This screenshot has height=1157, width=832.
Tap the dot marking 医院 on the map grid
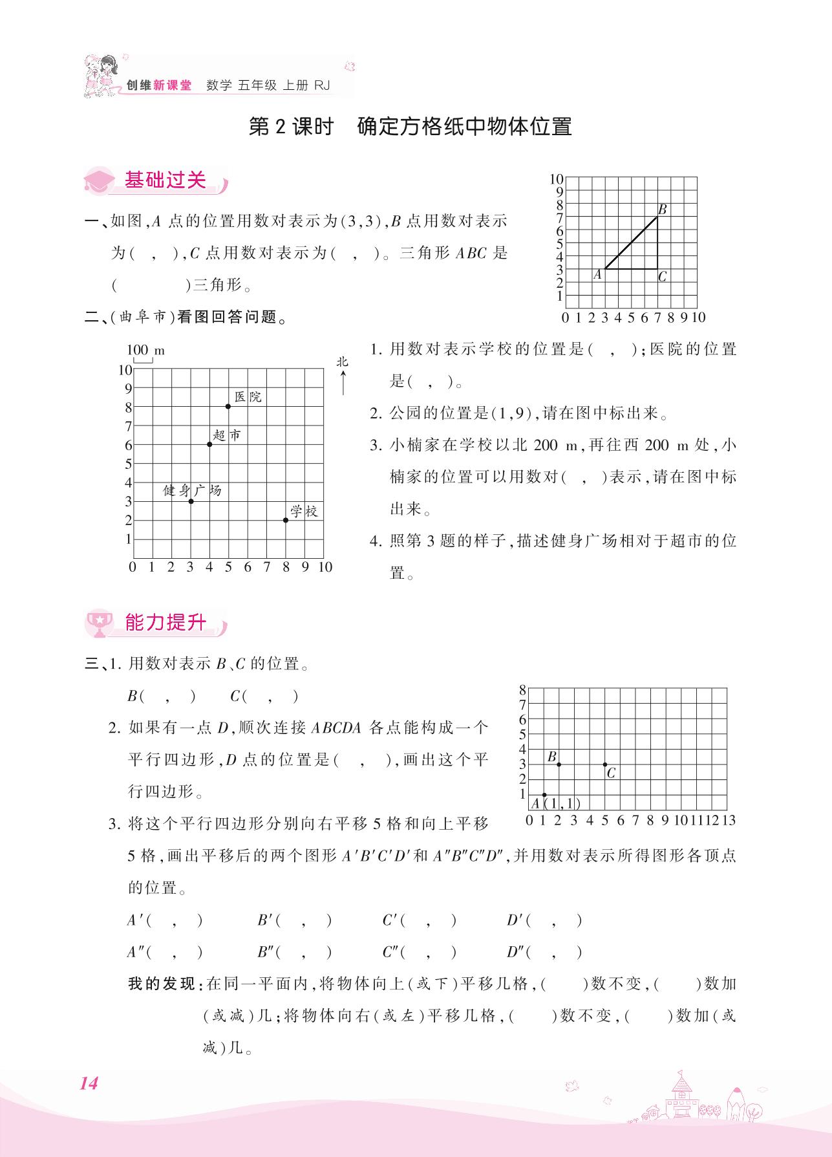(228, 406)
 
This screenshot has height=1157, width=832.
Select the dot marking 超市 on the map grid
(209, 444)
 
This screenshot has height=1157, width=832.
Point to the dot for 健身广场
(191, 501)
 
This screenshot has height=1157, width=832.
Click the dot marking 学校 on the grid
(286, 520)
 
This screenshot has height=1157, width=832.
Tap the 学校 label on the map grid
(304, 512)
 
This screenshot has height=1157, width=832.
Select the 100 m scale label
(145, 351)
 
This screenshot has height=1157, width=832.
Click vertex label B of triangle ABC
(663, 210)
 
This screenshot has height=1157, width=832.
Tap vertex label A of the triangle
(597, 275)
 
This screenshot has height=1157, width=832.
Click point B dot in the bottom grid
(559, 764)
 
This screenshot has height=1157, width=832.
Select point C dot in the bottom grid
(605, 764)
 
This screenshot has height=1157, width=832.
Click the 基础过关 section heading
(165, 180)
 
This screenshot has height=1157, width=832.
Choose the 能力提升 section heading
(165, 622)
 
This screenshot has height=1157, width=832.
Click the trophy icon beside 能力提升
(100, 623)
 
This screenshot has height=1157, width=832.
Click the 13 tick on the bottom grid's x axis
(729, 821)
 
